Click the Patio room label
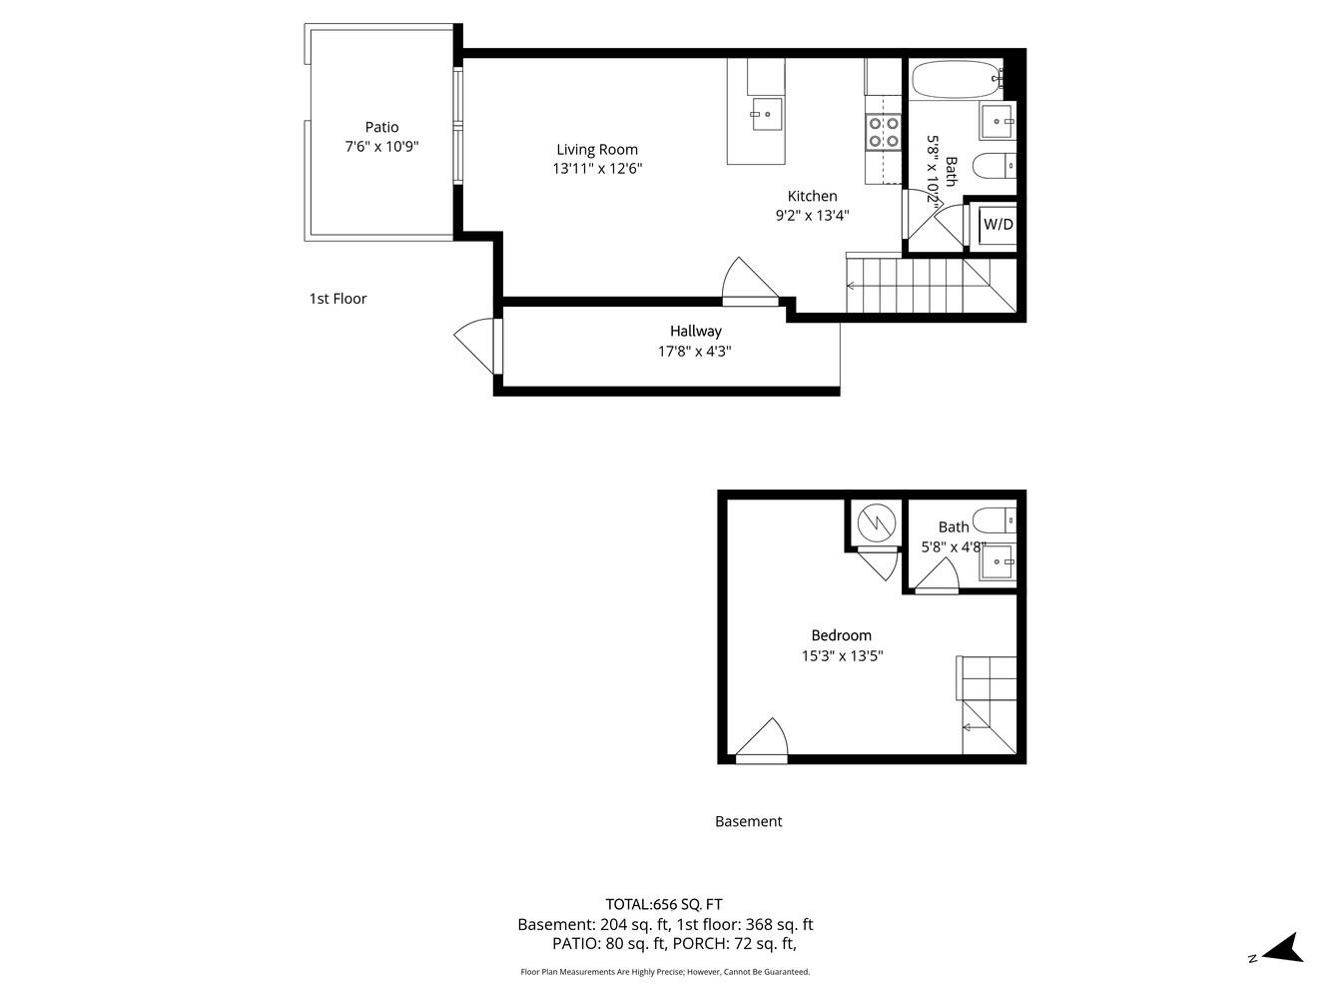(381, 127)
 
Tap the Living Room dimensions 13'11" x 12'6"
(597, 169)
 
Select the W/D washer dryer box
(998, 225)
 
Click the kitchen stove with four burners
(883, 133)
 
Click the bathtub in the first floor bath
(955, 79)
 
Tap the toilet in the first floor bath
(994, 165)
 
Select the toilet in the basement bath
(995, 519)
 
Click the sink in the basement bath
(997, 562)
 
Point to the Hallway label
(695, 331)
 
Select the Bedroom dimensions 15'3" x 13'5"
(842, 656)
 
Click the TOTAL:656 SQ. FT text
(663, 904)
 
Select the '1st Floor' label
(337, 298)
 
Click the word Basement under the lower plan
(748, 821)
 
